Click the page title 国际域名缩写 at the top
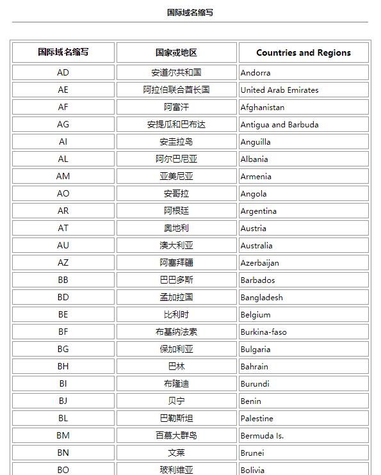click(190, 12)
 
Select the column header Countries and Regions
click(304, 52)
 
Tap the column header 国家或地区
click(176, 52)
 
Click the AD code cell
click(63, 72)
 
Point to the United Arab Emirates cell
click(279, 90)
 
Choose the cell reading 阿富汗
click(176, 107)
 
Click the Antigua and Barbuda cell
click(279, 125)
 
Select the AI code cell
click(63, 141)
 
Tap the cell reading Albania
click(254, 159)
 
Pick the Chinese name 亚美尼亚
click(176, 176)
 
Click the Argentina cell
click(259, 211)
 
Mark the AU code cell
click(63, 245)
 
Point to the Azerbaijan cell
click(259, 263)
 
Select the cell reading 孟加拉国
click(176, 297)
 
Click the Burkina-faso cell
click(263, 332)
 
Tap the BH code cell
click(63, 366)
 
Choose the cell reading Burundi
click(255, 384)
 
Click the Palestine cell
click(257, 419)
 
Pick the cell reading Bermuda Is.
click(262, 436)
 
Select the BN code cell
click(63, 453)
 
